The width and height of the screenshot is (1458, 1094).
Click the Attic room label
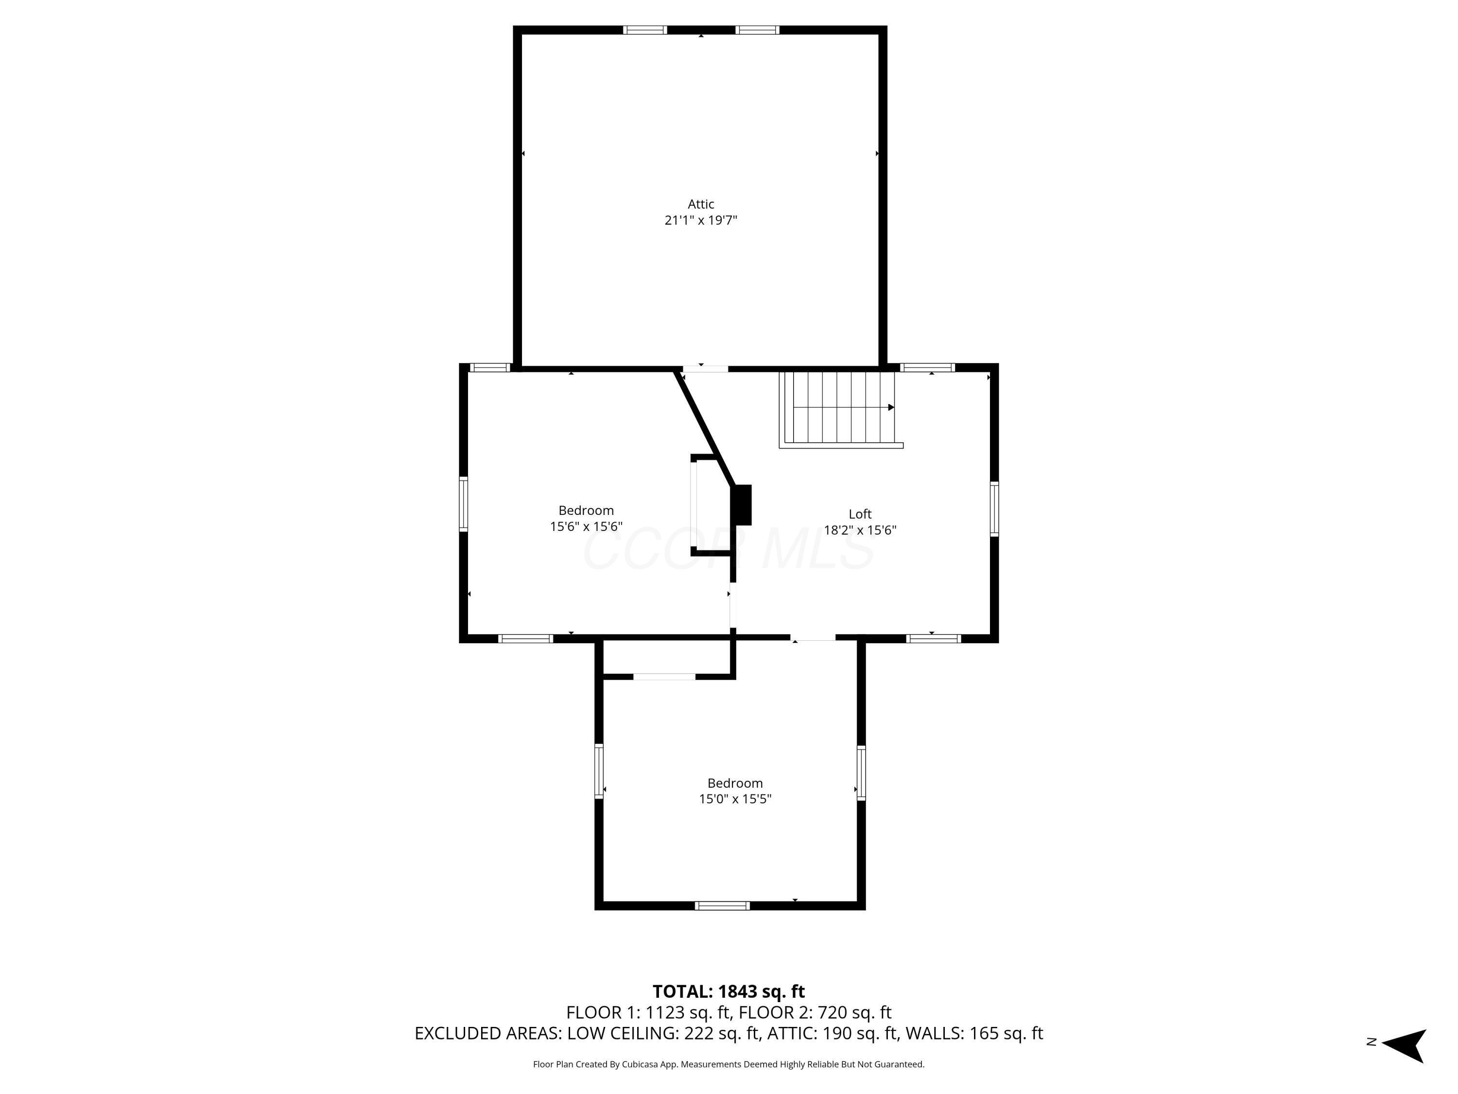pos(701,204)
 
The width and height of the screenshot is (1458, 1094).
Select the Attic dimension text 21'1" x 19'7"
pos(701,220)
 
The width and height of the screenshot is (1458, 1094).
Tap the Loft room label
pos(860,514)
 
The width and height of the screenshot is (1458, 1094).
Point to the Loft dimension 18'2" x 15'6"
pos(860,530)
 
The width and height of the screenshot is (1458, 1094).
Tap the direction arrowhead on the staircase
pos(891,407)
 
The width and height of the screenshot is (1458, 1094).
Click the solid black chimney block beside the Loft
pos(743,505)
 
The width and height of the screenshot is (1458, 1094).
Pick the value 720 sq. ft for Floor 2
pos(854,1012)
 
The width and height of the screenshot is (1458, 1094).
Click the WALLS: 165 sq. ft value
pos(973,1033)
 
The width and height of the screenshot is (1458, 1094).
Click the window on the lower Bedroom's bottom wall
pos(722,905)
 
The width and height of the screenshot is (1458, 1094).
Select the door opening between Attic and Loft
pos(705,369)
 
